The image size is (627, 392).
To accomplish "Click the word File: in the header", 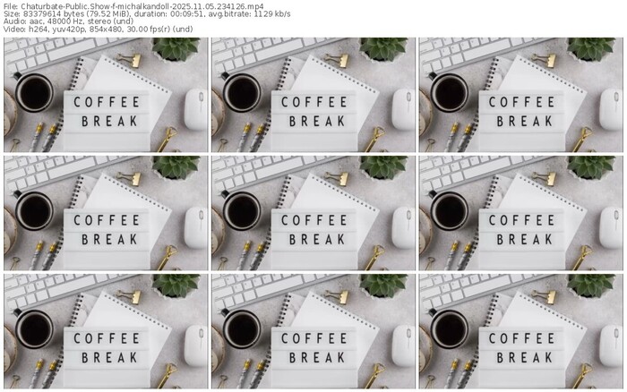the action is tap(11, 6).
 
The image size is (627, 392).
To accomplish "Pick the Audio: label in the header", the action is tap(13, 21).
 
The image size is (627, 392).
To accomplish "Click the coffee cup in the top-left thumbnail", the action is tap(34, 93).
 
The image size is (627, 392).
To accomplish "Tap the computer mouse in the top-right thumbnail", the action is tap(611, 109).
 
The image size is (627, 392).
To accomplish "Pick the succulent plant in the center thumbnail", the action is tap(383, 167).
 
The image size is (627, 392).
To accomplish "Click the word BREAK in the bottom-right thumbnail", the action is tap(524, 357).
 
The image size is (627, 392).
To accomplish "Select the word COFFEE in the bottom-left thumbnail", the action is tap(107, 338).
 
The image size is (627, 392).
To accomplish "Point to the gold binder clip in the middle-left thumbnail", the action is tap(132, 178).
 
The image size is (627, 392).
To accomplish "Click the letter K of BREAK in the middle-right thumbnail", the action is tap(548, 239).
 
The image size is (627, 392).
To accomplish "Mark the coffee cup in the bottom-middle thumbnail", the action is tap(242, 328).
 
